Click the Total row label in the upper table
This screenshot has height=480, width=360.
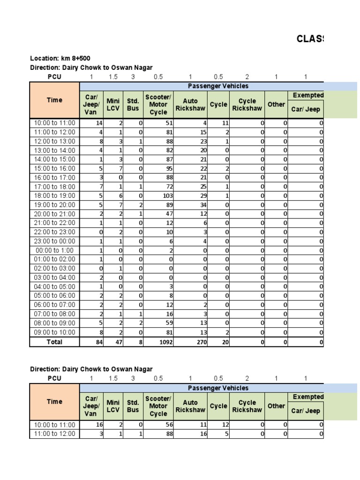[x=54, y=342]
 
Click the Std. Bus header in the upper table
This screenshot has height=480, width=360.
[x=133, y=104]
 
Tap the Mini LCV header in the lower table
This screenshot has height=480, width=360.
[x=113, y=406]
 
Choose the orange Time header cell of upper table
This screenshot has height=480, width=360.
[x=54, y=100]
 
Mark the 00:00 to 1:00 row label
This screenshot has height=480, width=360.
[x=54, y=250]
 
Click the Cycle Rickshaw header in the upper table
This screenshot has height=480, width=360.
[x=247, y=104]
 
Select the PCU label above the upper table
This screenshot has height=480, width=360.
[x=54, y=77]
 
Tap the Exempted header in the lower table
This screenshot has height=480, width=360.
[x=307, y=397]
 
